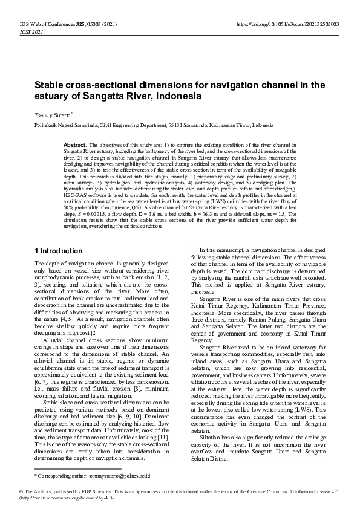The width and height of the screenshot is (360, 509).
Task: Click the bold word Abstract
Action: click(75, 146)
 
